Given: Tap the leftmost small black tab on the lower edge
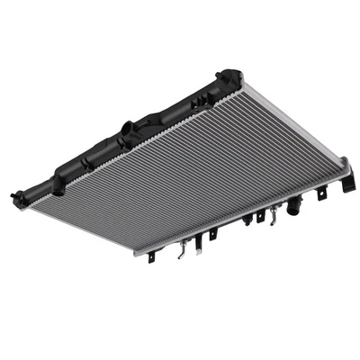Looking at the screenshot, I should tap(151, 256).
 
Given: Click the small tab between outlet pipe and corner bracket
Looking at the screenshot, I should tap(321, 192).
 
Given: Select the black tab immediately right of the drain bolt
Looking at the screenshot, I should tap(260, 217).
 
